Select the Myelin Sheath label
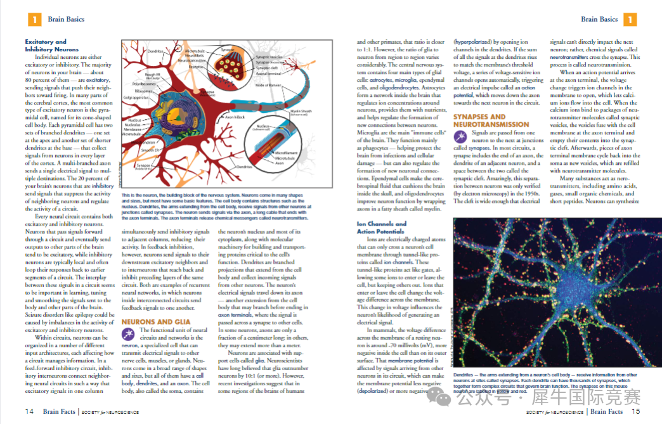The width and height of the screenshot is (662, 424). (x=302, y=112)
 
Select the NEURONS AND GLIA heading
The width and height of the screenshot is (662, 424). (x=148, y=322)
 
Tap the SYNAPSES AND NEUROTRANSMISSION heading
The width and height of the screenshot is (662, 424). (x=491, y=120)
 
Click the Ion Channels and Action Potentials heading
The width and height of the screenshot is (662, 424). (x=382, y=228)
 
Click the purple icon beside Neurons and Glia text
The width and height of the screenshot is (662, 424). (x=128, y=334)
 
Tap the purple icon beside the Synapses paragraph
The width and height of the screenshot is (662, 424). (x=460, y=137)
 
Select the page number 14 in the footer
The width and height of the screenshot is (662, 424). (x=29, y=411)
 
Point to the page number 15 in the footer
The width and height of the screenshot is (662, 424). (x=635, y=411)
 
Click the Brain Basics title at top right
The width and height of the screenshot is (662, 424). (x=599, y=20)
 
